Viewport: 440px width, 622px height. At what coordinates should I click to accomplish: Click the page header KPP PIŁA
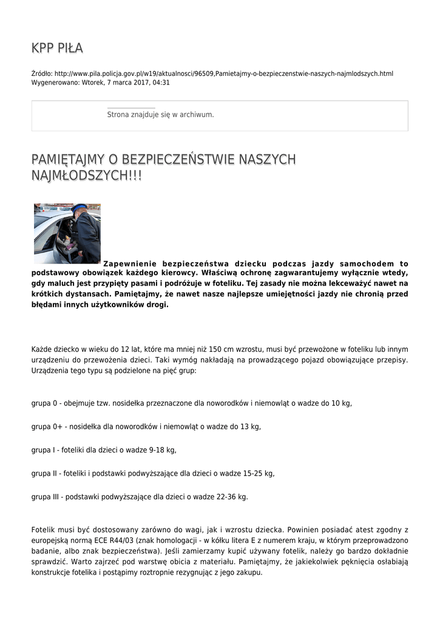(x=57, y=48)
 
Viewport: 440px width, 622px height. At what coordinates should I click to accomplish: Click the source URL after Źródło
(x=224, y=73)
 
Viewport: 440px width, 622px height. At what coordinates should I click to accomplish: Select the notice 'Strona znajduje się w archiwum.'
(x=160, y=114)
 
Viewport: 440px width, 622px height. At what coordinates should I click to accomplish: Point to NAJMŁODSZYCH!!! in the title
(x=86, y=176)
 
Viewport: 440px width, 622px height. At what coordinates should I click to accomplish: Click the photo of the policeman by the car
(x=67, y=233)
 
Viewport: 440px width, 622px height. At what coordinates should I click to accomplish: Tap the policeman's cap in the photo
(x=80, y=208)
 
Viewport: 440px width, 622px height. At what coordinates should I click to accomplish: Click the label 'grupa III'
(x=46, y=497)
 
